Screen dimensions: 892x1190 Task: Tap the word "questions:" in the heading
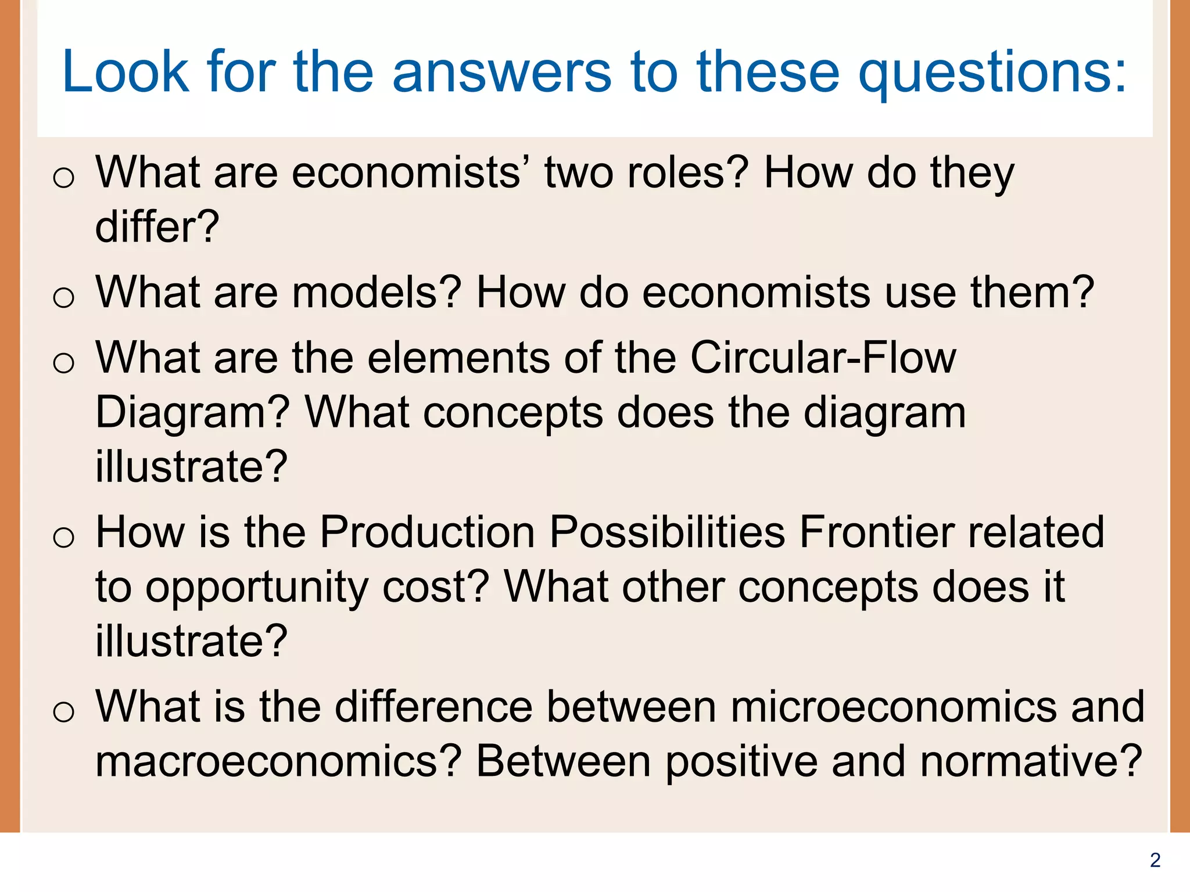pos(992,73)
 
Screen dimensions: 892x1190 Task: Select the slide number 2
pos(1155,860)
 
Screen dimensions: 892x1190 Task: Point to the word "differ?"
pos(157,226)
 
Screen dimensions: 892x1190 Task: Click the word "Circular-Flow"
pos(823,358)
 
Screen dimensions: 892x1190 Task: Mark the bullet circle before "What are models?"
pos(63,298)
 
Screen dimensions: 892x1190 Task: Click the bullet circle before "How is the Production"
pos(63,537)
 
